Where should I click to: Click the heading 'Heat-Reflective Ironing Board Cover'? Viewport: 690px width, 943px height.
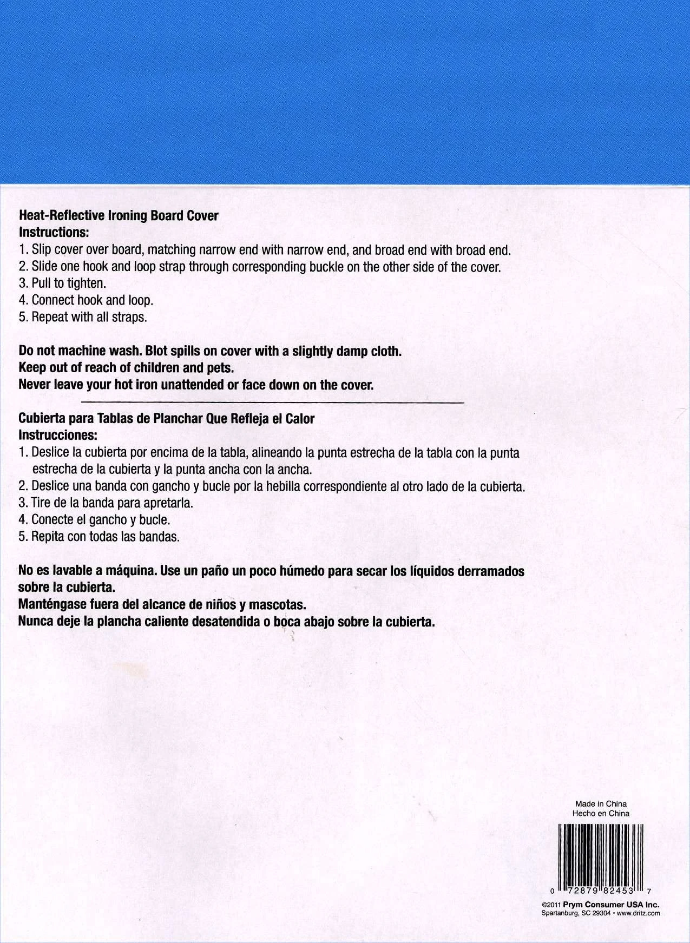[x=119, y=216]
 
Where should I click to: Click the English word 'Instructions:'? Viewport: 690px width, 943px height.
[x=54, y=233]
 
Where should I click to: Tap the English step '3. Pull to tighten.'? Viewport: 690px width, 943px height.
[x=62, y=283]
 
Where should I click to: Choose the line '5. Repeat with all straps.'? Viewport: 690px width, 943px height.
[x=83, y=317]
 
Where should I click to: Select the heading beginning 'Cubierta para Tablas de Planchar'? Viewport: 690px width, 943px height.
[x=167, y=419]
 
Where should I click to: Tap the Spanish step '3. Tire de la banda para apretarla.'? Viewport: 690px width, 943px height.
[x=106, y=503]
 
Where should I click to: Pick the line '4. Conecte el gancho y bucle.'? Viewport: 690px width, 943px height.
[x=95, y=520]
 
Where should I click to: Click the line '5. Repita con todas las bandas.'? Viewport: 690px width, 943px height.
[x=98, y=537]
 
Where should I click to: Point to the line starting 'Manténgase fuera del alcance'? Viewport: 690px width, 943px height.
[x=159, y=604]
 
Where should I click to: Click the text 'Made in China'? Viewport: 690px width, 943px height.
[x=601, y=804]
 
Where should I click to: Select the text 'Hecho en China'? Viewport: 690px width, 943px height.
[x=601, y=813]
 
